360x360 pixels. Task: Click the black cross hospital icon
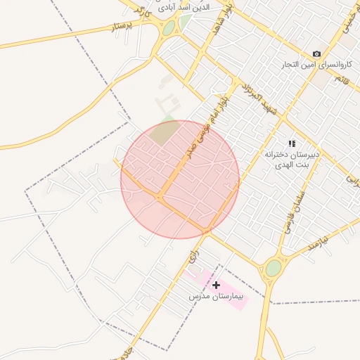[x=216, y=285]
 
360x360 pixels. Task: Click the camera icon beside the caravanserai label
[x=316, y=54]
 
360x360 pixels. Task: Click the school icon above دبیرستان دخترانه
[x=292, y=143]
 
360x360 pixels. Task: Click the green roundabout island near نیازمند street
[x=273, y=268]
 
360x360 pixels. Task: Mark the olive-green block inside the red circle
[x=165, y=133]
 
